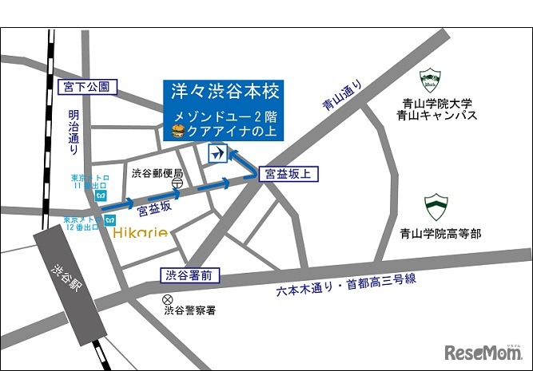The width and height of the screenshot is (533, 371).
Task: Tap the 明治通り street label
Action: point(74,133)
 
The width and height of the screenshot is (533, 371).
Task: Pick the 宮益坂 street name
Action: point(153,210)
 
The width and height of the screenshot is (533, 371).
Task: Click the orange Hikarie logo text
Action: point(140,232)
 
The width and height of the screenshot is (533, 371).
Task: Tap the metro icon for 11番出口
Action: point(101,194)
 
